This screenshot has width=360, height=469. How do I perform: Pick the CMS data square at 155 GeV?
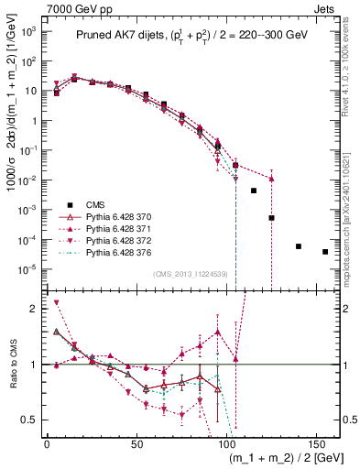[x=325, y=252]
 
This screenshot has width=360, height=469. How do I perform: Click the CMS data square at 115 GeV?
[x=254, y=191]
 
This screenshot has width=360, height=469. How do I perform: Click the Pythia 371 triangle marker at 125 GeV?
[x=271, y=179]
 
